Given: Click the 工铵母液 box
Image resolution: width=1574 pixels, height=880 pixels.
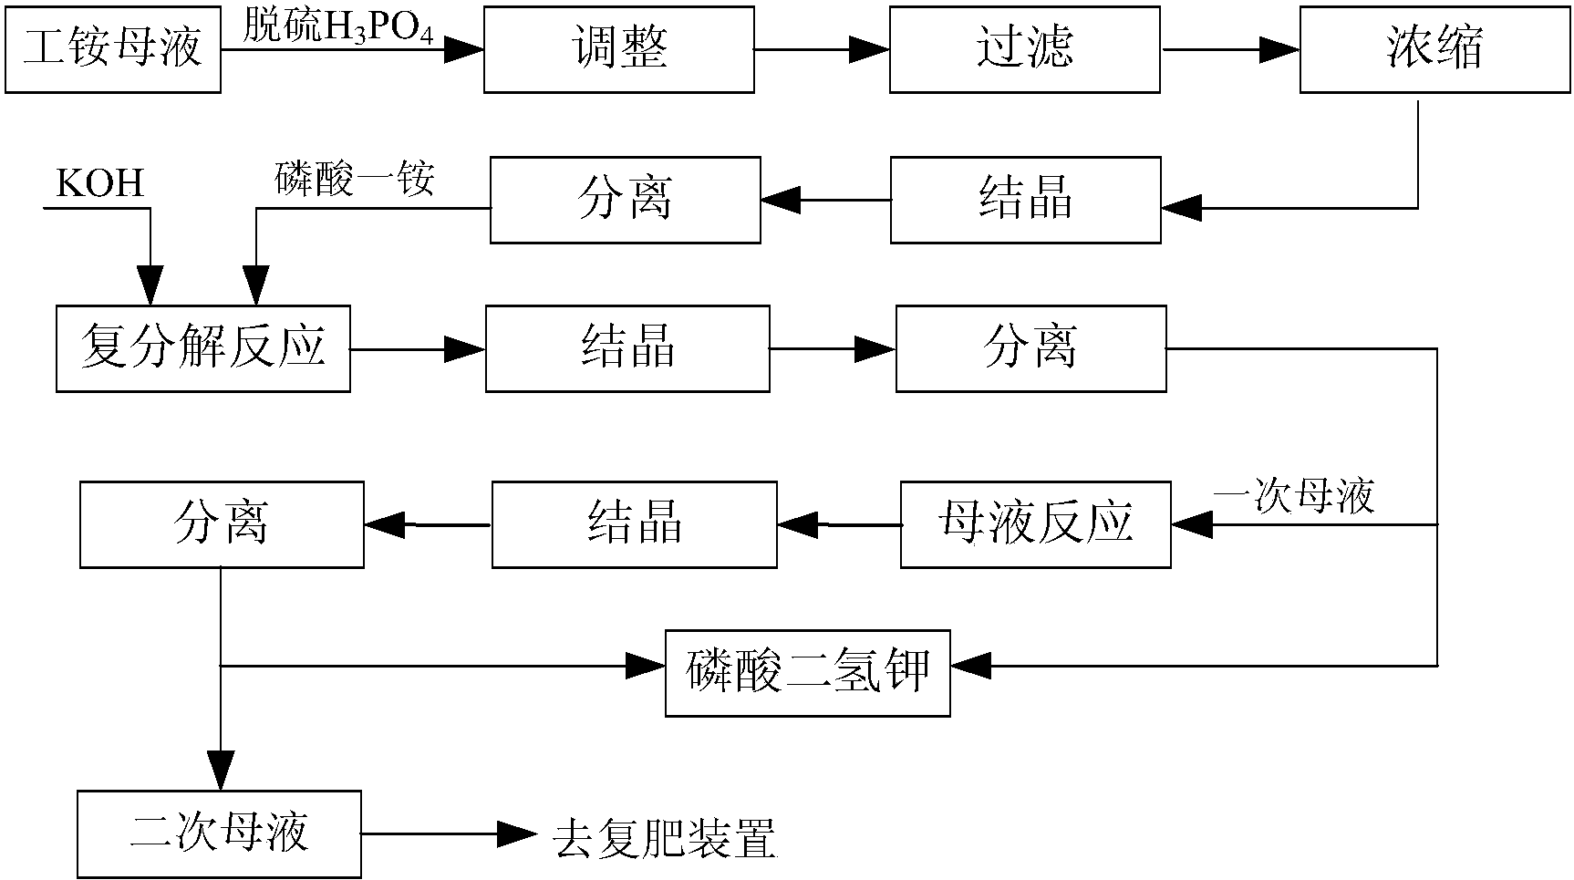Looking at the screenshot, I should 112,48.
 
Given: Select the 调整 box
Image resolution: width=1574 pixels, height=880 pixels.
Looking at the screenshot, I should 618,48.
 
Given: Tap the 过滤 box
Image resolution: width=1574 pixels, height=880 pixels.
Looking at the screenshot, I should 1024,48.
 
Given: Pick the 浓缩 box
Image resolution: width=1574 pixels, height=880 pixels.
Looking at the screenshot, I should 1434,48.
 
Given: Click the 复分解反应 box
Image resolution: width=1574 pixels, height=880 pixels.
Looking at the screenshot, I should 202,348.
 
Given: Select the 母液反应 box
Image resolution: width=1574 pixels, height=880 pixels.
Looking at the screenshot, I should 1035,524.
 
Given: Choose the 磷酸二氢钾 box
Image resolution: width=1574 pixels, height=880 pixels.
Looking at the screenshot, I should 807,673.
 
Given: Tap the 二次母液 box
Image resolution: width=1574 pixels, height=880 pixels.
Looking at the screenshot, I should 219,833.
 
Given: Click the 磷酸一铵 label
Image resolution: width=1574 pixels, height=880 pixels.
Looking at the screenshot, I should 355,180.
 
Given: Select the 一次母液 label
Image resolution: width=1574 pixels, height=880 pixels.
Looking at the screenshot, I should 1293,498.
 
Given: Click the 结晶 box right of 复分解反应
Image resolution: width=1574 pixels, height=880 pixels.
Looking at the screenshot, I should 626,348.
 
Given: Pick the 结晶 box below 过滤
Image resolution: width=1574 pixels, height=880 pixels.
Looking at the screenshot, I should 1025,200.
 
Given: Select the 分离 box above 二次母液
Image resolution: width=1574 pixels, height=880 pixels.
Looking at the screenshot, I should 222,524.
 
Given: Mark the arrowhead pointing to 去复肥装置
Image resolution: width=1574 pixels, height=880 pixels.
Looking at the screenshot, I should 516,833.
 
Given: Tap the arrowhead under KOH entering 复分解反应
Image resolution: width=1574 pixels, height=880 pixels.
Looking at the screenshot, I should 150,285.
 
